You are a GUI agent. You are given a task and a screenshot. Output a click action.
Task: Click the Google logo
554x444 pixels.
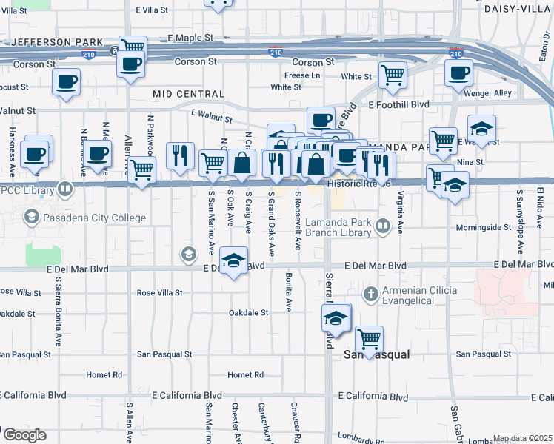coord(24,435)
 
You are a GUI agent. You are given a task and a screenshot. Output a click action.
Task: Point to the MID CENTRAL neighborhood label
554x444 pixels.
coord(188,94)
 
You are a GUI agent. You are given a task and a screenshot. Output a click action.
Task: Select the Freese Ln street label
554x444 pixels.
coord(302,75)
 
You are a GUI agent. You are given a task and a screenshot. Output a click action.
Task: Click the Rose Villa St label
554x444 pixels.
coord(160,293)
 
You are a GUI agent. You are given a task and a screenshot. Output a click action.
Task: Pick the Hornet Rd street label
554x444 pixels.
coord(246,375)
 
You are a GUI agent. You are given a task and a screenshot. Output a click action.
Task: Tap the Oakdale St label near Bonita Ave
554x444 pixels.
coord(248,313)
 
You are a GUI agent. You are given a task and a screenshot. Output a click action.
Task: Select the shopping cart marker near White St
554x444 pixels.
coord(392,73)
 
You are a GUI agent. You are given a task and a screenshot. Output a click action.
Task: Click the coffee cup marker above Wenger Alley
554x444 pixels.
coord(458,73)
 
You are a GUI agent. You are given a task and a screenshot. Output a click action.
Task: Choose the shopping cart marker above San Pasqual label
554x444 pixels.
coord(369,339)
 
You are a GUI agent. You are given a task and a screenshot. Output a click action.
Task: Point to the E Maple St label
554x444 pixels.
coord(190,37)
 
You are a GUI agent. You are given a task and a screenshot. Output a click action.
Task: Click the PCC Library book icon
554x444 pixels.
coord(66,190)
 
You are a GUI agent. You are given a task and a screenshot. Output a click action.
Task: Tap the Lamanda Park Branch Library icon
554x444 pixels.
coord(383,226)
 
